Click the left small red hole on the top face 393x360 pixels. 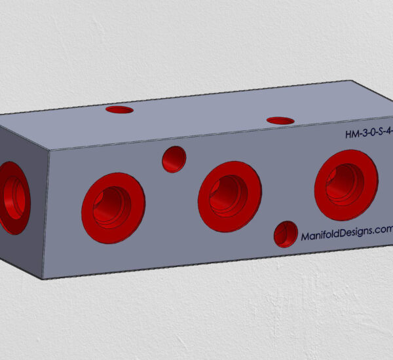119,109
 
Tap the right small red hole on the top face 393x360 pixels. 280,120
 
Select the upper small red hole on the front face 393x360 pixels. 174,159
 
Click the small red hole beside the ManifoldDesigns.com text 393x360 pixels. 286,234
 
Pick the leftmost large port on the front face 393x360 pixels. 113,207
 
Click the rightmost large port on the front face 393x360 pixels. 346,185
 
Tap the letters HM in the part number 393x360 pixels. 351,135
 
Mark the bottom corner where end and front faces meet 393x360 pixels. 43,279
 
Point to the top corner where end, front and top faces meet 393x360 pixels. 50,151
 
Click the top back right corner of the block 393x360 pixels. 352,81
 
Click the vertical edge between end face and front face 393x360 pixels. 47,216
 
